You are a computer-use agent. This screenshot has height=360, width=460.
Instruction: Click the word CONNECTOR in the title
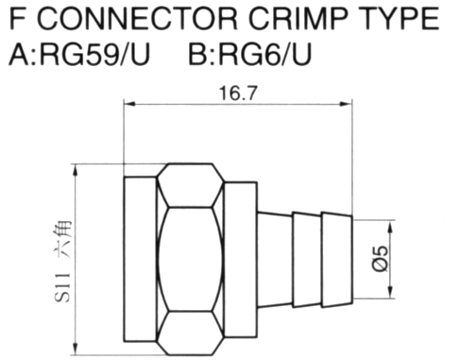click(138, 19)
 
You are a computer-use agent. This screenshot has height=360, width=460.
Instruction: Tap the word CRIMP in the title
click(298, 19)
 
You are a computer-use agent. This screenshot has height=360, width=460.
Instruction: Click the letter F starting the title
click(18, 19)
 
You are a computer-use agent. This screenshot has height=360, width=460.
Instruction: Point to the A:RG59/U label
click(79, 54)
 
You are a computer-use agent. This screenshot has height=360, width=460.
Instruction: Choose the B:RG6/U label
click(249, 54)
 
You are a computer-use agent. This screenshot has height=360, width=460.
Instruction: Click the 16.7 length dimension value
click(238, 94)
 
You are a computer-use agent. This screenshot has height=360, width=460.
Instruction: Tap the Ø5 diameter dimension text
click(380, 259)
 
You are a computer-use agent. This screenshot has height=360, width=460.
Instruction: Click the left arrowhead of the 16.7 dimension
click(129, 103)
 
